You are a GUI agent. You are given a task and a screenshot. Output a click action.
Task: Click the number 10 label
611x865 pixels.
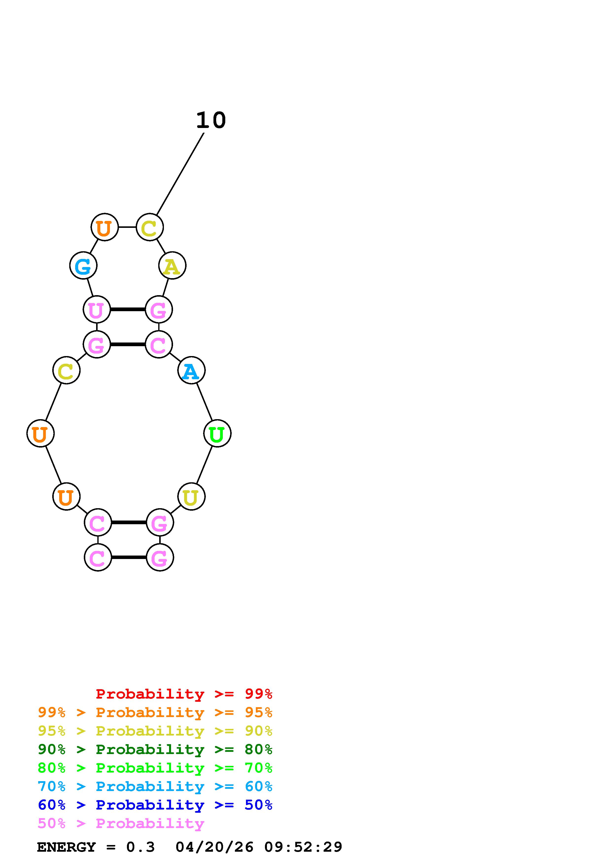(x=211, y=121)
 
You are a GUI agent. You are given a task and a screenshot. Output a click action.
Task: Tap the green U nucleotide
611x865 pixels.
(x=217, y=434)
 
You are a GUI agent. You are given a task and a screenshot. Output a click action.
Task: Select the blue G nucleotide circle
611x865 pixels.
(x=83, y=266)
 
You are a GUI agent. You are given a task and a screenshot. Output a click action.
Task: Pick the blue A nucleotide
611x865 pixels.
(x=191, y=371)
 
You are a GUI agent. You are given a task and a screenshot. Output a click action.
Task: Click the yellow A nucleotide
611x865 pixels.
(x=172, y=266)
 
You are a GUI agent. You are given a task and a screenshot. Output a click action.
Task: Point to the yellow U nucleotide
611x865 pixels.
(x=191, y=497)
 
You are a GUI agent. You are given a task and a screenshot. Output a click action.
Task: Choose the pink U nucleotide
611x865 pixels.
(x=96, y=310)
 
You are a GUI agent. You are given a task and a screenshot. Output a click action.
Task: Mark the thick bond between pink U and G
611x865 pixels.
(x=128, y=310)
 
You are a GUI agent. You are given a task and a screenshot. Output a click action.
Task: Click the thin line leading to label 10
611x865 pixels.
(x=180, y=174)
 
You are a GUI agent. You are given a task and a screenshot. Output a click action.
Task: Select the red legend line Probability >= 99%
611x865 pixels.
(x=184, y=694)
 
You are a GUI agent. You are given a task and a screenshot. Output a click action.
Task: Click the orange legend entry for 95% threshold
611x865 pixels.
(x=155, y=712)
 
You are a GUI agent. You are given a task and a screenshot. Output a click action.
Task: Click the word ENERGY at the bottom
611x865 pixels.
(x=66, y=847)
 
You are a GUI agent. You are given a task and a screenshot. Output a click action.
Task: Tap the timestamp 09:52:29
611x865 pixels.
(x=303, y=847)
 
